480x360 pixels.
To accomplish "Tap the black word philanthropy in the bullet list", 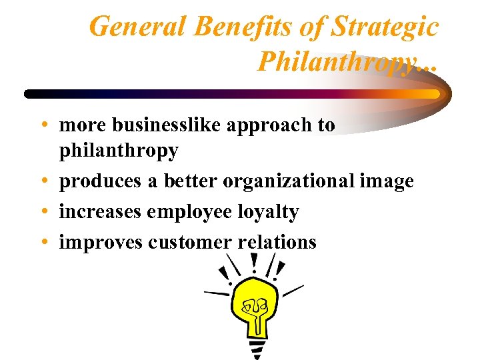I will (x=119, y=151).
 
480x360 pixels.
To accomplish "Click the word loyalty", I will (x=268, y=213).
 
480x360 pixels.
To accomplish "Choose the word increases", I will (x=100, y=212).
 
